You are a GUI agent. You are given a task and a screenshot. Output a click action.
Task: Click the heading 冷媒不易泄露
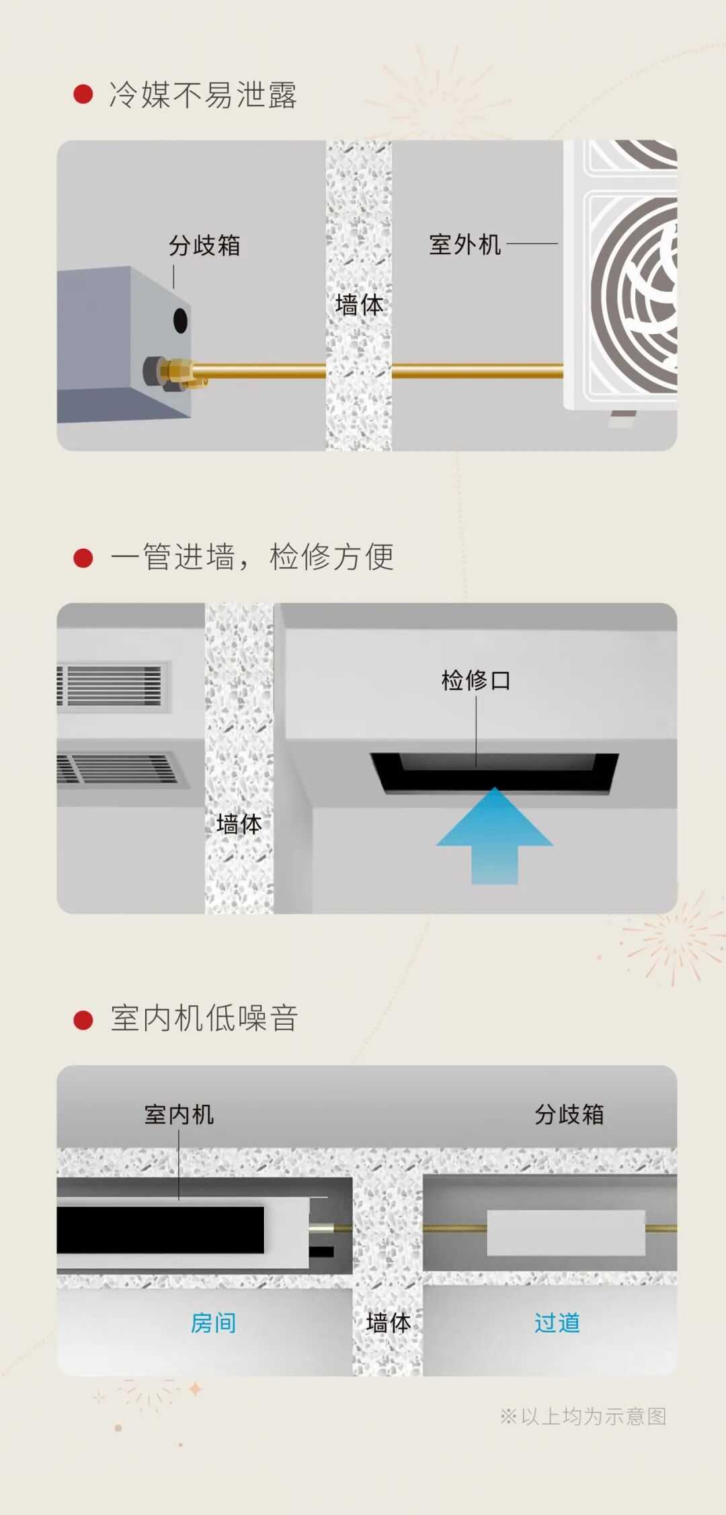point(202,95)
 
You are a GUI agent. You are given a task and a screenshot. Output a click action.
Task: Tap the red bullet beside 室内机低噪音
point(83,1019)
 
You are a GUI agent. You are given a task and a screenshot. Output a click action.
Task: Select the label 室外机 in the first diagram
point(465,245)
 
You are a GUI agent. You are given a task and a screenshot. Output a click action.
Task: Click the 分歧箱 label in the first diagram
point(204,245)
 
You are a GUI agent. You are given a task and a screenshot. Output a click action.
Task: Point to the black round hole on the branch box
point(180,320)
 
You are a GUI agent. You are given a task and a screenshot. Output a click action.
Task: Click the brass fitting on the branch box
point(177,372)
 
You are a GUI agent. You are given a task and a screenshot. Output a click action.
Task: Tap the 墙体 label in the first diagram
point(359,305)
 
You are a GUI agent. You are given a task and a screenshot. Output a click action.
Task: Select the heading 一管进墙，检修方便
point(252,557)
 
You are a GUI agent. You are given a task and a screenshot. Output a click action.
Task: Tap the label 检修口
point(476,681)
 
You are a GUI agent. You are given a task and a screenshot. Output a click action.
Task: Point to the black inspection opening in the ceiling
point(494,772)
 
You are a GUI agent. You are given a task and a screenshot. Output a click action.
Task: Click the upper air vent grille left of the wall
point(113,685)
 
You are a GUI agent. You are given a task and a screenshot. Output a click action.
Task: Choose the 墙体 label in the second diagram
point(239,824)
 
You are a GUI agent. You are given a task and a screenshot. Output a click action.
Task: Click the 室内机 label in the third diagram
point(179,1114)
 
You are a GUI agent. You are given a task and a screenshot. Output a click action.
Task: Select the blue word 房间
point(213,1323)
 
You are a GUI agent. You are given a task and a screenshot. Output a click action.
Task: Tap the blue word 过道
point(557,1323)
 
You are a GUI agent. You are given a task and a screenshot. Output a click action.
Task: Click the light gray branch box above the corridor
point(565,1233)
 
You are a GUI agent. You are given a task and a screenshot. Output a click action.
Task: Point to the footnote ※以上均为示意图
point(583,1416)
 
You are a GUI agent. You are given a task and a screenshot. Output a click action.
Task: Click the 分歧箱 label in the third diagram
point(569,1114)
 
